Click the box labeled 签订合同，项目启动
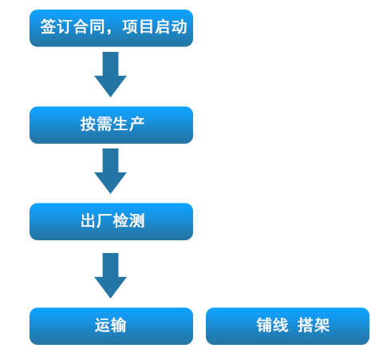point(111,28)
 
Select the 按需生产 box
point(111,125)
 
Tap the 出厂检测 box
point(111,222)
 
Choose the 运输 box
point(111,326)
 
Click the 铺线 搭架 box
point(287,326)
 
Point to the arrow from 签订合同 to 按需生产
point(110,74)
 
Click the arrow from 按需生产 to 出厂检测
point(110,171)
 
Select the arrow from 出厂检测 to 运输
point(110,275)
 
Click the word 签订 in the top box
point(57,27)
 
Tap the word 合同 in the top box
point(89,27)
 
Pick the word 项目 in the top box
point(138,27)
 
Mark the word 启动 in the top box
point(171,27)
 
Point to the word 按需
point(97,124)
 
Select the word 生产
point(128,124)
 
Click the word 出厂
point(97,220)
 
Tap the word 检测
point(128,220)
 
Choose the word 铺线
point(272,325)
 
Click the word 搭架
point(314,325)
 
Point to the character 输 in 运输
point(119,325)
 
